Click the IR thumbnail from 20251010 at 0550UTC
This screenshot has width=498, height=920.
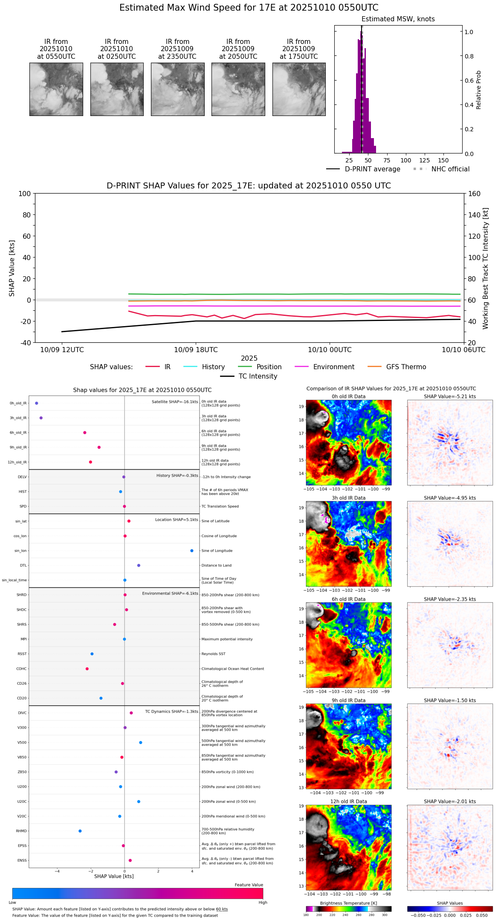coord(56,89)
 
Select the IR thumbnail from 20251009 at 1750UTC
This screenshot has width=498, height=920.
coord(298,89)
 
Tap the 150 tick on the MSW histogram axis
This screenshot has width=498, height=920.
coord(443,160)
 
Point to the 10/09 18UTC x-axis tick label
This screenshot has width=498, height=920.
coord(196,350)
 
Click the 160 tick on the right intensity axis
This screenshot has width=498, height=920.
coord(475,194)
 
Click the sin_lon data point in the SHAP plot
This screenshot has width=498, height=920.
coord(192,551)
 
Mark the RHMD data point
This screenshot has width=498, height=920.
coord(80,831)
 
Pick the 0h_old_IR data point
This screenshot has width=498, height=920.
coord(37,403)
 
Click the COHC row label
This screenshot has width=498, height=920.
coord(21,669)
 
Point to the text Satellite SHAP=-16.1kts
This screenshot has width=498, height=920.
coord(175,402)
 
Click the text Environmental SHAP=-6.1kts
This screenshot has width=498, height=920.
coord(170,593)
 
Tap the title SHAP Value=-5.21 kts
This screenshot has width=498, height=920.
coord(450,396)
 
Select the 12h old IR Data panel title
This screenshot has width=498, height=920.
coord(348,801)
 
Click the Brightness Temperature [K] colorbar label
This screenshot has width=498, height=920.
coord(348,903)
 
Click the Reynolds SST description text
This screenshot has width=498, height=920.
coord(213,654)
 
